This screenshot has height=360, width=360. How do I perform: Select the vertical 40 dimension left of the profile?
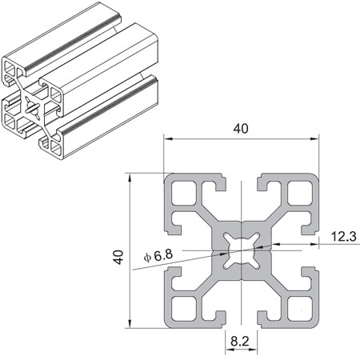(x=118, y=257)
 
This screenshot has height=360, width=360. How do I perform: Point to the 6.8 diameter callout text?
(x=158, y=255)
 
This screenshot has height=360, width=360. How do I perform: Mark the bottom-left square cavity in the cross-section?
(x=182, y=307)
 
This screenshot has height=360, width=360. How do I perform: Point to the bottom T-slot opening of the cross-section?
(x=240, y=320)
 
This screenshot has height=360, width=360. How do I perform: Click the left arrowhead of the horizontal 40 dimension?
(x=168, y=139)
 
